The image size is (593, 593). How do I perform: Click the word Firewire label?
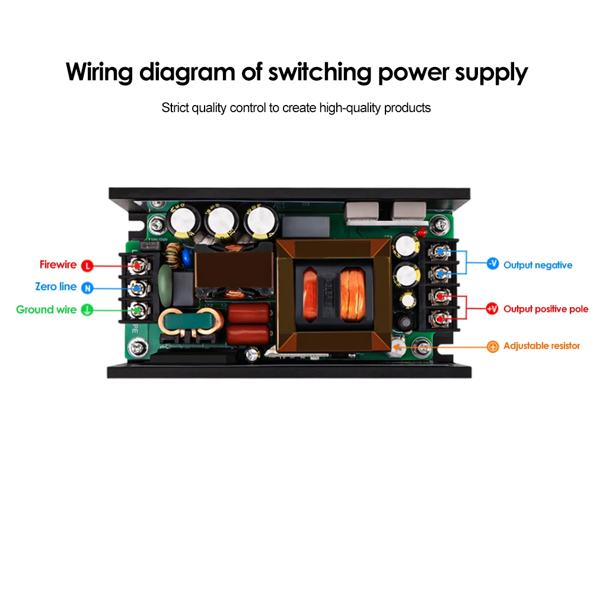(x=58, y=264)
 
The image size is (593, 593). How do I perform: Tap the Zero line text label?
(x=56, y=286)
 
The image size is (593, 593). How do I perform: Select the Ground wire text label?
(x=46, y=310)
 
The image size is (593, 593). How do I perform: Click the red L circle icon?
(x=87, y=265)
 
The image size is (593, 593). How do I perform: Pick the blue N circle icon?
(x=87, y=288)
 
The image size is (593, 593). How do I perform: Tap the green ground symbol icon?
(x=87, y=310)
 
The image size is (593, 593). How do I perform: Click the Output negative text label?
(x=537, y=265)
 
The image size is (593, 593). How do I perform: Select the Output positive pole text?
(x=546, y=309)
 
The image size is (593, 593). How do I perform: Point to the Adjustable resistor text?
(x=541, y=346)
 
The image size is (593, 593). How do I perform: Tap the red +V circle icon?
(x=492, y=309)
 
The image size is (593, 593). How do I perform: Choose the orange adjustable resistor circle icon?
(x=492, y=347)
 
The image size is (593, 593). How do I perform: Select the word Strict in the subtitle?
(x=176, y=108)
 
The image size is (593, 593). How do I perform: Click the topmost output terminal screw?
(x=440, y=251)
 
